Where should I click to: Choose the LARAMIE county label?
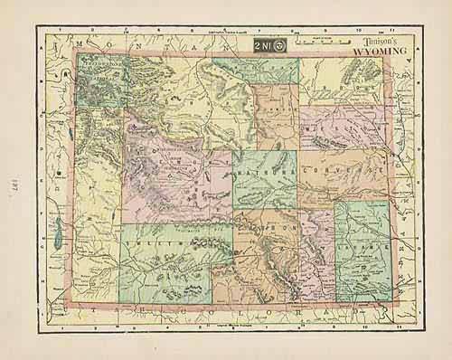362,242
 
